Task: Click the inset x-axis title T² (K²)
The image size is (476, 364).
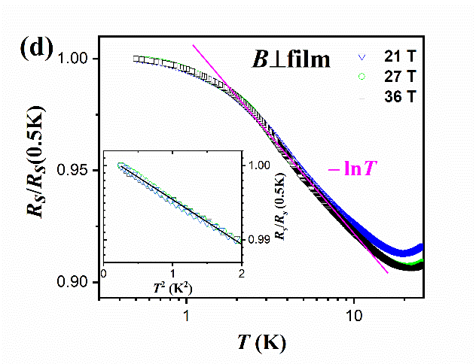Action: click(172, 288)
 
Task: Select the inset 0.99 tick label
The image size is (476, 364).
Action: click(255, 240)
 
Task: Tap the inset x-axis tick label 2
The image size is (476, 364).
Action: click(241, 273)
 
